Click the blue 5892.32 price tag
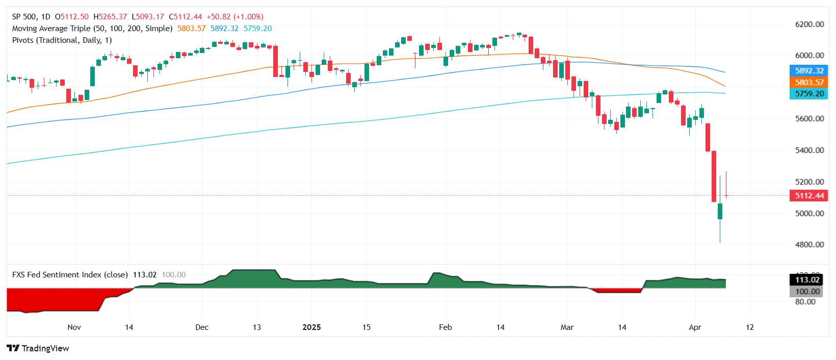pos(809,70)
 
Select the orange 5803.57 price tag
pos(809,83)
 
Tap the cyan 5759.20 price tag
pos(809,94)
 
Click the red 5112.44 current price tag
pos(809,196)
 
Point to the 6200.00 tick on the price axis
pos(809,24)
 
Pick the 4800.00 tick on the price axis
pos(809,245)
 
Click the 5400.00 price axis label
pos(809,150)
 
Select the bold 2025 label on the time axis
pos(311,327)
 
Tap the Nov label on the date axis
pos(74,327)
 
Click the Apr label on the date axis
pos(695,327)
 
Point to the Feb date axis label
pos(445,327)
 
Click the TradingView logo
pos(38,348)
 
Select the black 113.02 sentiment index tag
pos(807,280)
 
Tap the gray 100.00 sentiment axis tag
pos(807,291)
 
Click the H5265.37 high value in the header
pos(110,17)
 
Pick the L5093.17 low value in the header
pos(148,17)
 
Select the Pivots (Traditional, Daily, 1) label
pos(62,40)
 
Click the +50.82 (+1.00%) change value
pos(235,17)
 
